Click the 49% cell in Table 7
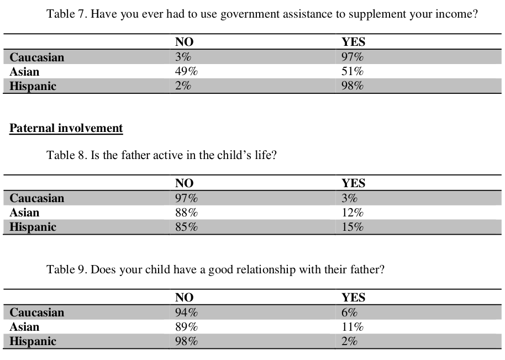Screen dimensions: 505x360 click(186, 71)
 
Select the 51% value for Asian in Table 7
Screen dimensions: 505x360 click(353, 71)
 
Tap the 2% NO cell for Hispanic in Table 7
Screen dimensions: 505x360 click(183, 86)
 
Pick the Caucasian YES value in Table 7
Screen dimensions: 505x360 click(353, 57)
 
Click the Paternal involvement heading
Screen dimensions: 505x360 click(66, 128)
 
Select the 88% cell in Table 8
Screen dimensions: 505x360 click(186, 213)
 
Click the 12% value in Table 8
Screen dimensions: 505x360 click(353, 213)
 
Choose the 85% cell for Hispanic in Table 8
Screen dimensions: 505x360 click(186, 227)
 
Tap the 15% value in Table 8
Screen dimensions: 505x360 click(353, 227)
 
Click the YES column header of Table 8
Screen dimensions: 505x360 click(353, 183)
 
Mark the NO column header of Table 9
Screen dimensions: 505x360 click(184, 297)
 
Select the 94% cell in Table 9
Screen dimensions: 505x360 click(186, 313)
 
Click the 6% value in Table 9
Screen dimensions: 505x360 click(349, 313)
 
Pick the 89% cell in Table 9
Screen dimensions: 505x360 click(186, 327)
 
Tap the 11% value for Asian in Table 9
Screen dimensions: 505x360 click(353, 327)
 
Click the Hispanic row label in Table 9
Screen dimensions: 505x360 click(33, 341)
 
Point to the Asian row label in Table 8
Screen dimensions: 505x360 click(24, 213)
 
